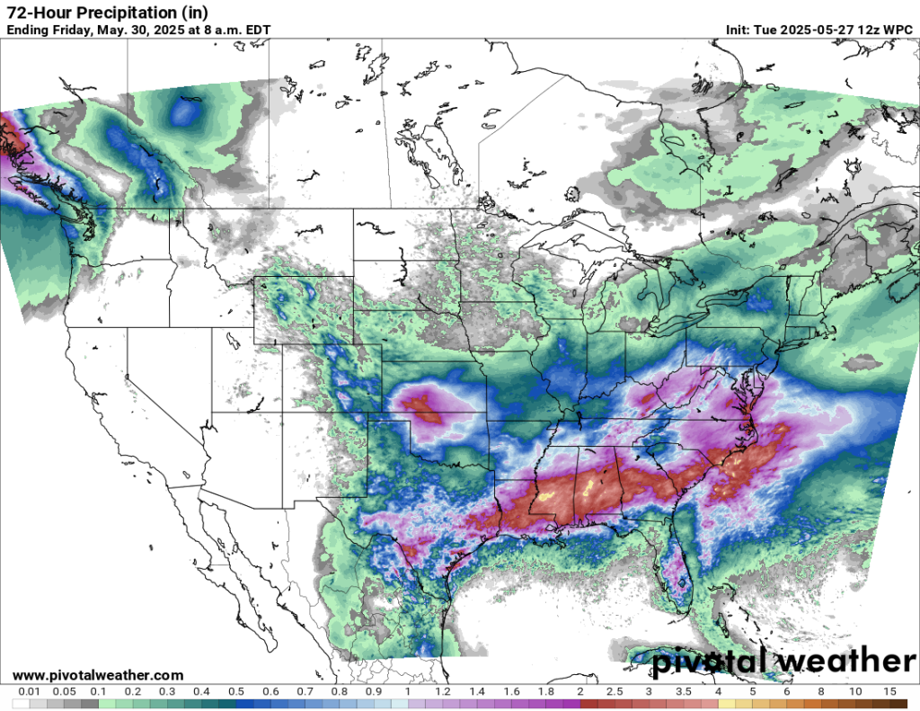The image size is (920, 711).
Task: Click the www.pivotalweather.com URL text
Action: [x=99, y=675]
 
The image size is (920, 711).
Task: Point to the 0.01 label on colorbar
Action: [x=30, y=692]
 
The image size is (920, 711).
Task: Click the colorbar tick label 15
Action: [x=889, y=692]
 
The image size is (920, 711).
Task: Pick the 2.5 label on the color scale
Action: [x=615, y=692]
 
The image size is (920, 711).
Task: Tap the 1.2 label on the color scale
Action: [x=443, y=692]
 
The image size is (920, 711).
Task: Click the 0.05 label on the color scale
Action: [x=63, y=692]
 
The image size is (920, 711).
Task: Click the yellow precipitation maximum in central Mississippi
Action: [x=588, y=488]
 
